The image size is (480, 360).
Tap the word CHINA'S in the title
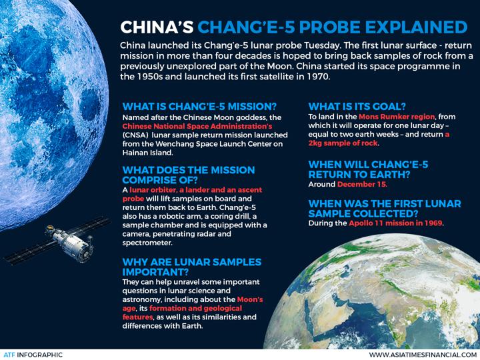coord(157,27)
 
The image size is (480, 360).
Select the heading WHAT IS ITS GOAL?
coord(357,107)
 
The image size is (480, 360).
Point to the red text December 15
coord(363,184)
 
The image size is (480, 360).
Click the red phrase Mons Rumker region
coord(397,117)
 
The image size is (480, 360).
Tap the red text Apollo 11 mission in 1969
coord(396,223)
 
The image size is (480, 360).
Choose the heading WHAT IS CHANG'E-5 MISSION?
coord(199,107)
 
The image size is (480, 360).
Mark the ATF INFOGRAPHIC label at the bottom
coord(32,355)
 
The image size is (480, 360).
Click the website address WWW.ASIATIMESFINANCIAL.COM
coord(424,355)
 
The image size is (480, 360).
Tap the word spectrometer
coord(147,243)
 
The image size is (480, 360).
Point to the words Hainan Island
coord(147,153)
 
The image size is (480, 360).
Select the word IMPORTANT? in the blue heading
coord(155,272)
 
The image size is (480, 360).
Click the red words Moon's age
coord(193,304)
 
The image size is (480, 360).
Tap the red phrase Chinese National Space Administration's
coord(197,127)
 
